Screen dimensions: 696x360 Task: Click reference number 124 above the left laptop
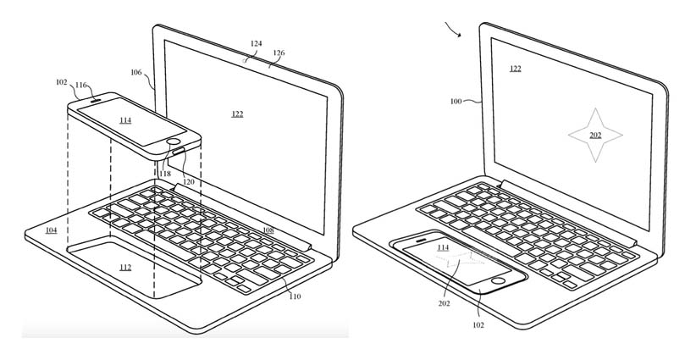(x=256, y=43)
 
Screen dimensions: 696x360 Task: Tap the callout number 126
(x=279, y=53)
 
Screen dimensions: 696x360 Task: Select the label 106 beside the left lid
(x=136, y=72)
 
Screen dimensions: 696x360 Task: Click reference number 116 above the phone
(x=81, y=85)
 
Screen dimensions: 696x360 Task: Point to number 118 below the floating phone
(x=165, y=174)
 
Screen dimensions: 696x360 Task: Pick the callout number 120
(x=188, y=181)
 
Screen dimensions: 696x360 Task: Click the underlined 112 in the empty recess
(x=125, y=268)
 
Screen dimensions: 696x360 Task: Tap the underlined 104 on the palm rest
(x=51, y=230)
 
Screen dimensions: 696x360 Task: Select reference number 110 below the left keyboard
(x=295, y=296)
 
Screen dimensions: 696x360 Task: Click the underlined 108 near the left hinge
(x=268, y=230)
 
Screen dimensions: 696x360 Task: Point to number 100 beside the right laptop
(x=456, y=101)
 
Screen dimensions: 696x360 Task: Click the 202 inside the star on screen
(x=595, y=136)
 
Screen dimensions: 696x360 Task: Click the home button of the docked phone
(x=498, y=280)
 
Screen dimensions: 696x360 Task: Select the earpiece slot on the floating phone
(x=96, y=100)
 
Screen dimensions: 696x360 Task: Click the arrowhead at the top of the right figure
(x=461, y=36)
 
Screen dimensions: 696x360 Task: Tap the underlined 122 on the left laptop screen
(x=237, y=114)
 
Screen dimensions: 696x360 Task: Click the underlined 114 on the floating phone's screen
(x=125, y=120)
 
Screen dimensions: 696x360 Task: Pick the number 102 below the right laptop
(x=478, y=325)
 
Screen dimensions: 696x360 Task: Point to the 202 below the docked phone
(x=444, y=303)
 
